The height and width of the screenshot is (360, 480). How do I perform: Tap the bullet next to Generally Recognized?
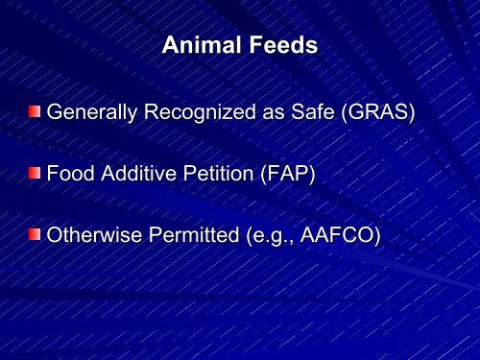coord(35,112)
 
